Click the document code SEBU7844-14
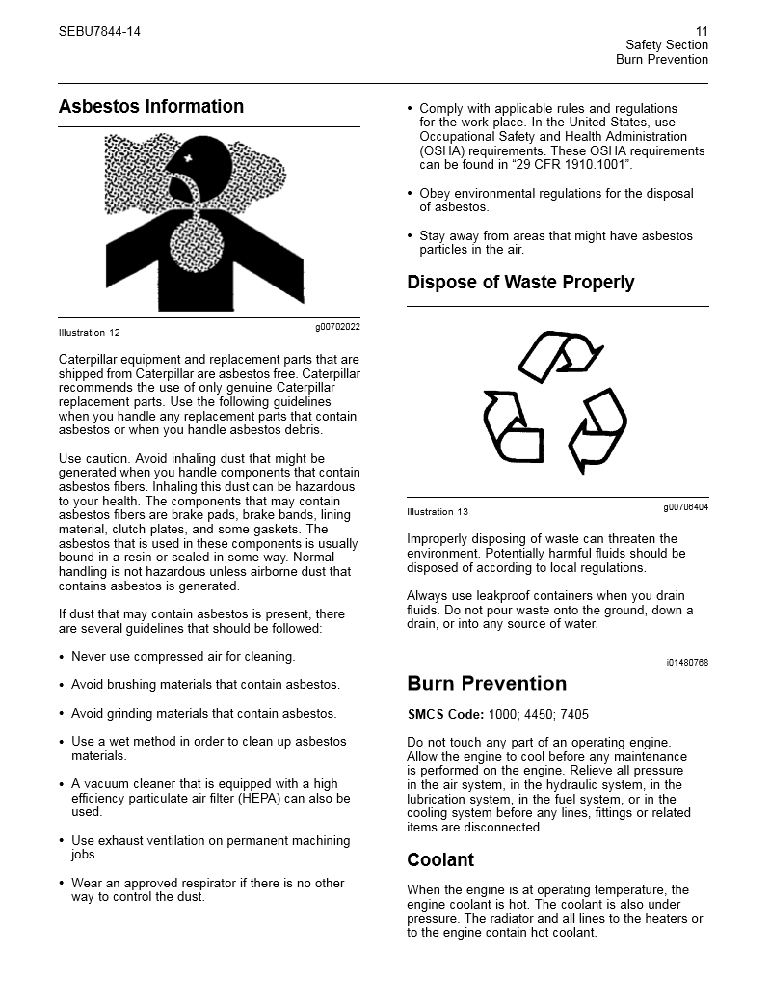click(99, 31)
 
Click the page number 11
click(701, 31)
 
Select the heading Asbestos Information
click(151, 106)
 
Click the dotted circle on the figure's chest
click(199, 242)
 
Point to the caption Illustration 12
click(90, 333)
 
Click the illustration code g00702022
click(337, 327)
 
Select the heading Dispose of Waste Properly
click(520, 282)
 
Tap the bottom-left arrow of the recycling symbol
click(512, 428)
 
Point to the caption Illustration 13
click(438, 512)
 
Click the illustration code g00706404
click(685, 506)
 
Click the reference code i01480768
click(686, 663)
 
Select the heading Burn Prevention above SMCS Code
click(487, 684)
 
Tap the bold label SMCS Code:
click(445, 715)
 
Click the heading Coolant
click(440, 859)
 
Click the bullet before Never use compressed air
click(63, 658)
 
